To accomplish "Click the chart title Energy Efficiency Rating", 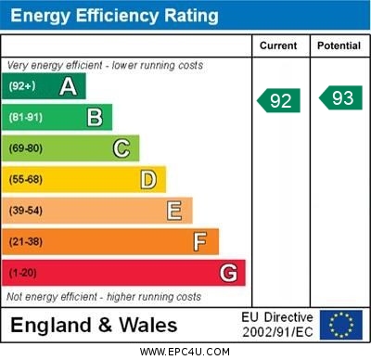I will pos(114,16).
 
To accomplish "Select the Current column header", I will pos(278,45).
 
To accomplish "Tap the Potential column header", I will pos(339,45).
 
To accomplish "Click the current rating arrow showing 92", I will pos(279,99).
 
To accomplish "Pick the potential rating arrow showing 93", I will pos(340,97).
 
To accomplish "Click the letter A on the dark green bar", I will pos(68,86).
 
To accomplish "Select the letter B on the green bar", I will pos(95,117).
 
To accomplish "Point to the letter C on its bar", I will pos(121,148).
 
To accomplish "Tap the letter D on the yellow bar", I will pos(147,179).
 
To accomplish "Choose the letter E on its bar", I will pos(173,211).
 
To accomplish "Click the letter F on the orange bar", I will pos(199,242).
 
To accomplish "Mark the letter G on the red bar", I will pos(227,273).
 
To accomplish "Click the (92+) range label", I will pos(22,86).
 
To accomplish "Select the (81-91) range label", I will pos(26,117).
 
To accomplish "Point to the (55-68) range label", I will pos(26,179).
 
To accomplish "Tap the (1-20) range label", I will pos(23,273).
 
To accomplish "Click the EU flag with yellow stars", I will pos(341,324).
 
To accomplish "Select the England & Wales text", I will pos(94,325).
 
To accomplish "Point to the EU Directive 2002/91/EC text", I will pos(277,324).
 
